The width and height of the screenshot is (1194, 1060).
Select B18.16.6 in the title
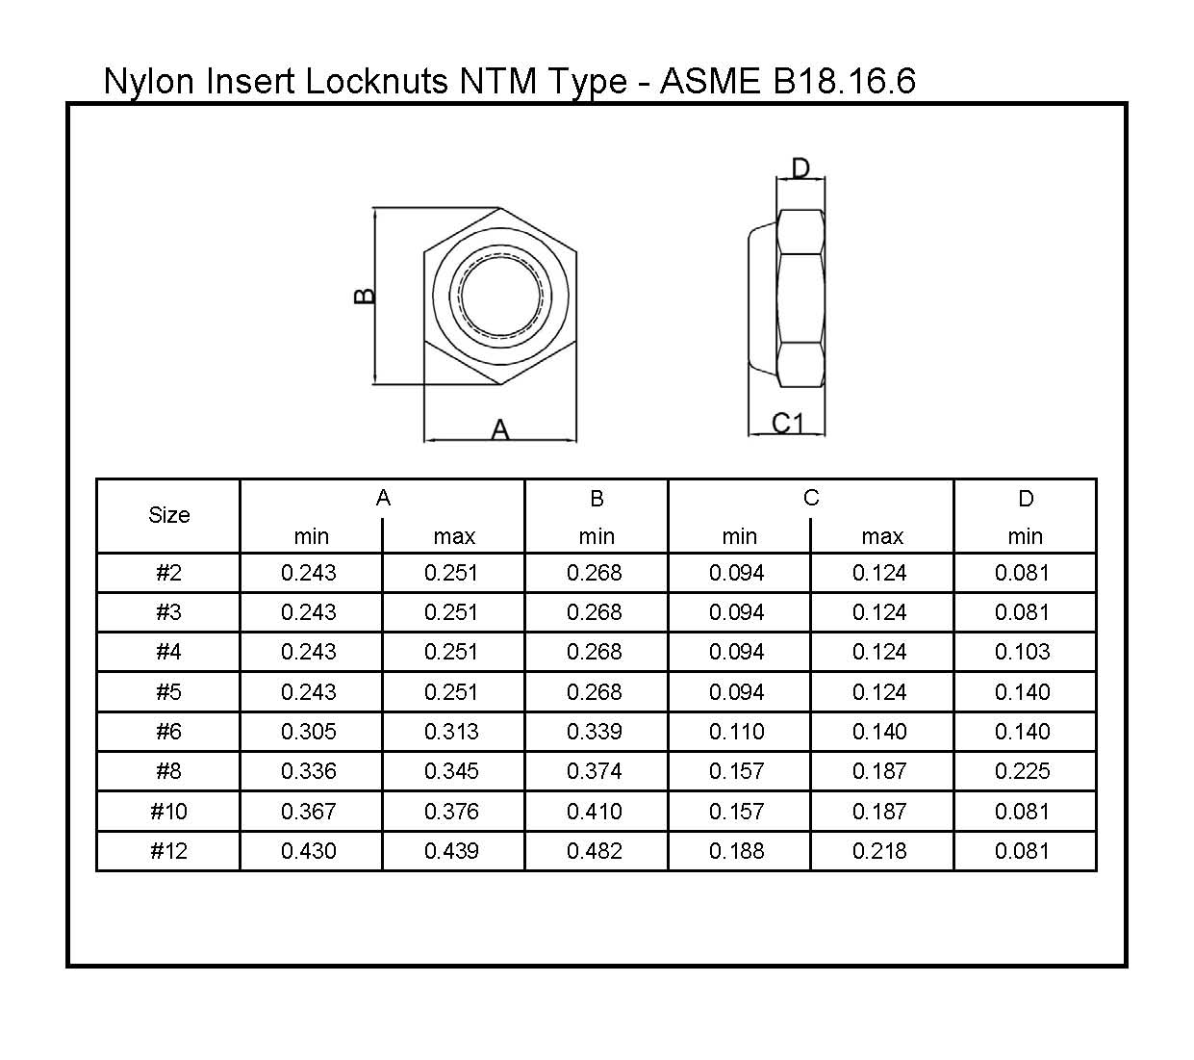click(844, 81)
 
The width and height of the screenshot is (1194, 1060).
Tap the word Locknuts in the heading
click(376, 81)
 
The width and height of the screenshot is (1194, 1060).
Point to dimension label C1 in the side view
click(787, 423)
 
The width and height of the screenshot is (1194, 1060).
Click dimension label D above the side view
click(800, 169)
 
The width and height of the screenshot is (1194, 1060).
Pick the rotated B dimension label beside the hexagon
click(365, 297)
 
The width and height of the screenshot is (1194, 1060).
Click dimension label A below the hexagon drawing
click(499, 430)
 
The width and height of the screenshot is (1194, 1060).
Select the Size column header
click(168, 515)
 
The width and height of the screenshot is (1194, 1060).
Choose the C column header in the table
click(811, 498)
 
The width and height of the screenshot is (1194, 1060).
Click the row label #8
click(168, 771)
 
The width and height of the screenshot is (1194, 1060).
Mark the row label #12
click(168, 851)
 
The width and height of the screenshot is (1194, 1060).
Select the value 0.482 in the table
click(595, 851)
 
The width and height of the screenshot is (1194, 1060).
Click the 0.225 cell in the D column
click(1023, 771)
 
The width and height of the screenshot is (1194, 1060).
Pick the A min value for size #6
click(309, 732)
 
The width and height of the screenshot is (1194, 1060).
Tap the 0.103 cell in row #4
click(1023, 652)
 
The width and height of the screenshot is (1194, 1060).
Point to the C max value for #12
click(879, 851)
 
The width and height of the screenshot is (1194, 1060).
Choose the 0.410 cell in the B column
click(595, 812)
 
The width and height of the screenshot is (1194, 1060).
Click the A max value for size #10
click(451, 812)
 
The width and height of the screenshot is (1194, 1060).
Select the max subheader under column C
click(882, 536)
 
